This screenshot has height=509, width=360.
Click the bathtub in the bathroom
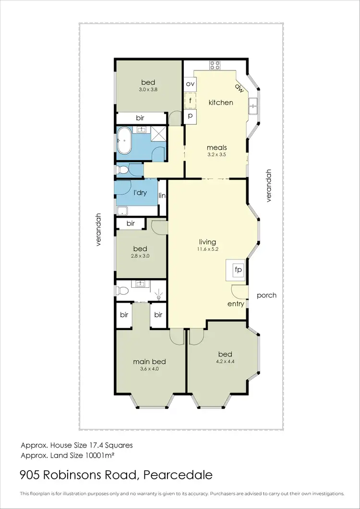point(125,140)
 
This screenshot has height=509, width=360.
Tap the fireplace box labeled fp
point(237,270)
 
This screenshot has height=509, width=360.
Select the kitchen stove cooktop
point(214,66)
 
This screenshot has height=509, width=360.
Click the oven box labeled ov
point(190,84)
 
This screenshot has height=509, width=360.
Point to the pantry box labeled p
point(190,116)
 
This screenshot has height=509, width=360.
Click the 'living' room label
point(208,242)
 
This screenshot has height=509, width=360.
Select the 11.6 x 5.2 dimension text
point(208,249)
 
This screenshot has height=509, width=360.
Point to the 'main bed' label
point(149,361)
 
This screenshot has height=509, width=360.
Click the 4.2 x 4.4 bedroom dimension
point(220,363)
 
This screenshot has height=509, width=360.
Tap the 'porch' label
point(266,295)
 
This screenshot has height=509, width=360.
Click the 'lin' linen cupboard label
point(162,195)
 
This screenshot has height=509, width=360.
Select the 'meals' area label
point(216,147)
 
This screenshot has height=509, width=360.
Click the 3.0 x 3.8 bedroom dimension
point(148,89)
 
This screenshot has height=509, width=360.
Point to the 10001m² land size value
point(98,454)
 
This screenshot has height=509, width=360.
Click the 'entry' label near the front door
point(236,304)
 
